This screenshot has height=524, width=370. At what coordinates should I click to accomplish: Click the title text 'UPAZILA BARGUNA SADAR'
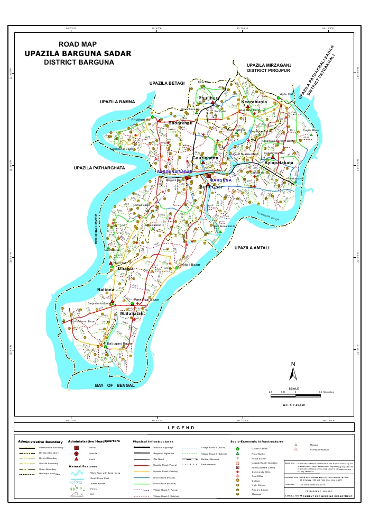[78, 53]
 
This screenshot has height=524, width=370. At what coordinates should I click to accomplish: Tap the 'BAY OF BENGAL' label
[115, 386]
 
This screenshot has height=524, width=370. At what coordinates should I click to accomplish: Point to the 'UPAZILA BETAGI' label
[167, 83]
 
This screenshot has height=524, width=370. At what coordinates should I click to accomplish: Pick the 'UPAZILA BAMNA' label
[117, 101]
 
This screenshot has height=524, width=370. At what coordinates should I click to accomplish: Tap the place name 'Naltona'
[109, 290]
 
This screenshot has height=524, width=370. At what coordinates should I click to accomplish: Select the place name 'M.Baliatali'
[132, 314]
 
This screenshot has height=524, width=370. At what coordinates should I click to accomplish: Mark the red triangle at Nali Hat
[111, 263]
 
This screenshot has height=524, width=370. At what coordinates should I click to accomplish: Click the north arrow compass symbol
[293, 372]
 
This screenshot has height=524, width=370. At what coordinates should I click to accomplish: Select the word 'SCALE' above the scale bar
[294, 388]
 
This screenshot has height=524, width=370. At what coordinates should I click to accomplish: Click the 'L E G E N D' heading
[181, 428]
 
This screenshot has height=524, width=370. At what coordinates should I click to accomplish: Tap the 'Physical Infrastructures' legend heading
[153, 441]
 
